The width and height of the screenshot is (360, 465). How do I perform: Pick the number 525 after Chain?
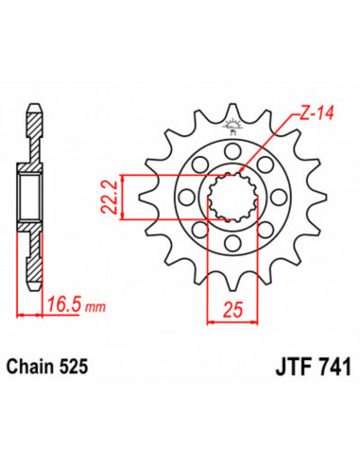(87, 363)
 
